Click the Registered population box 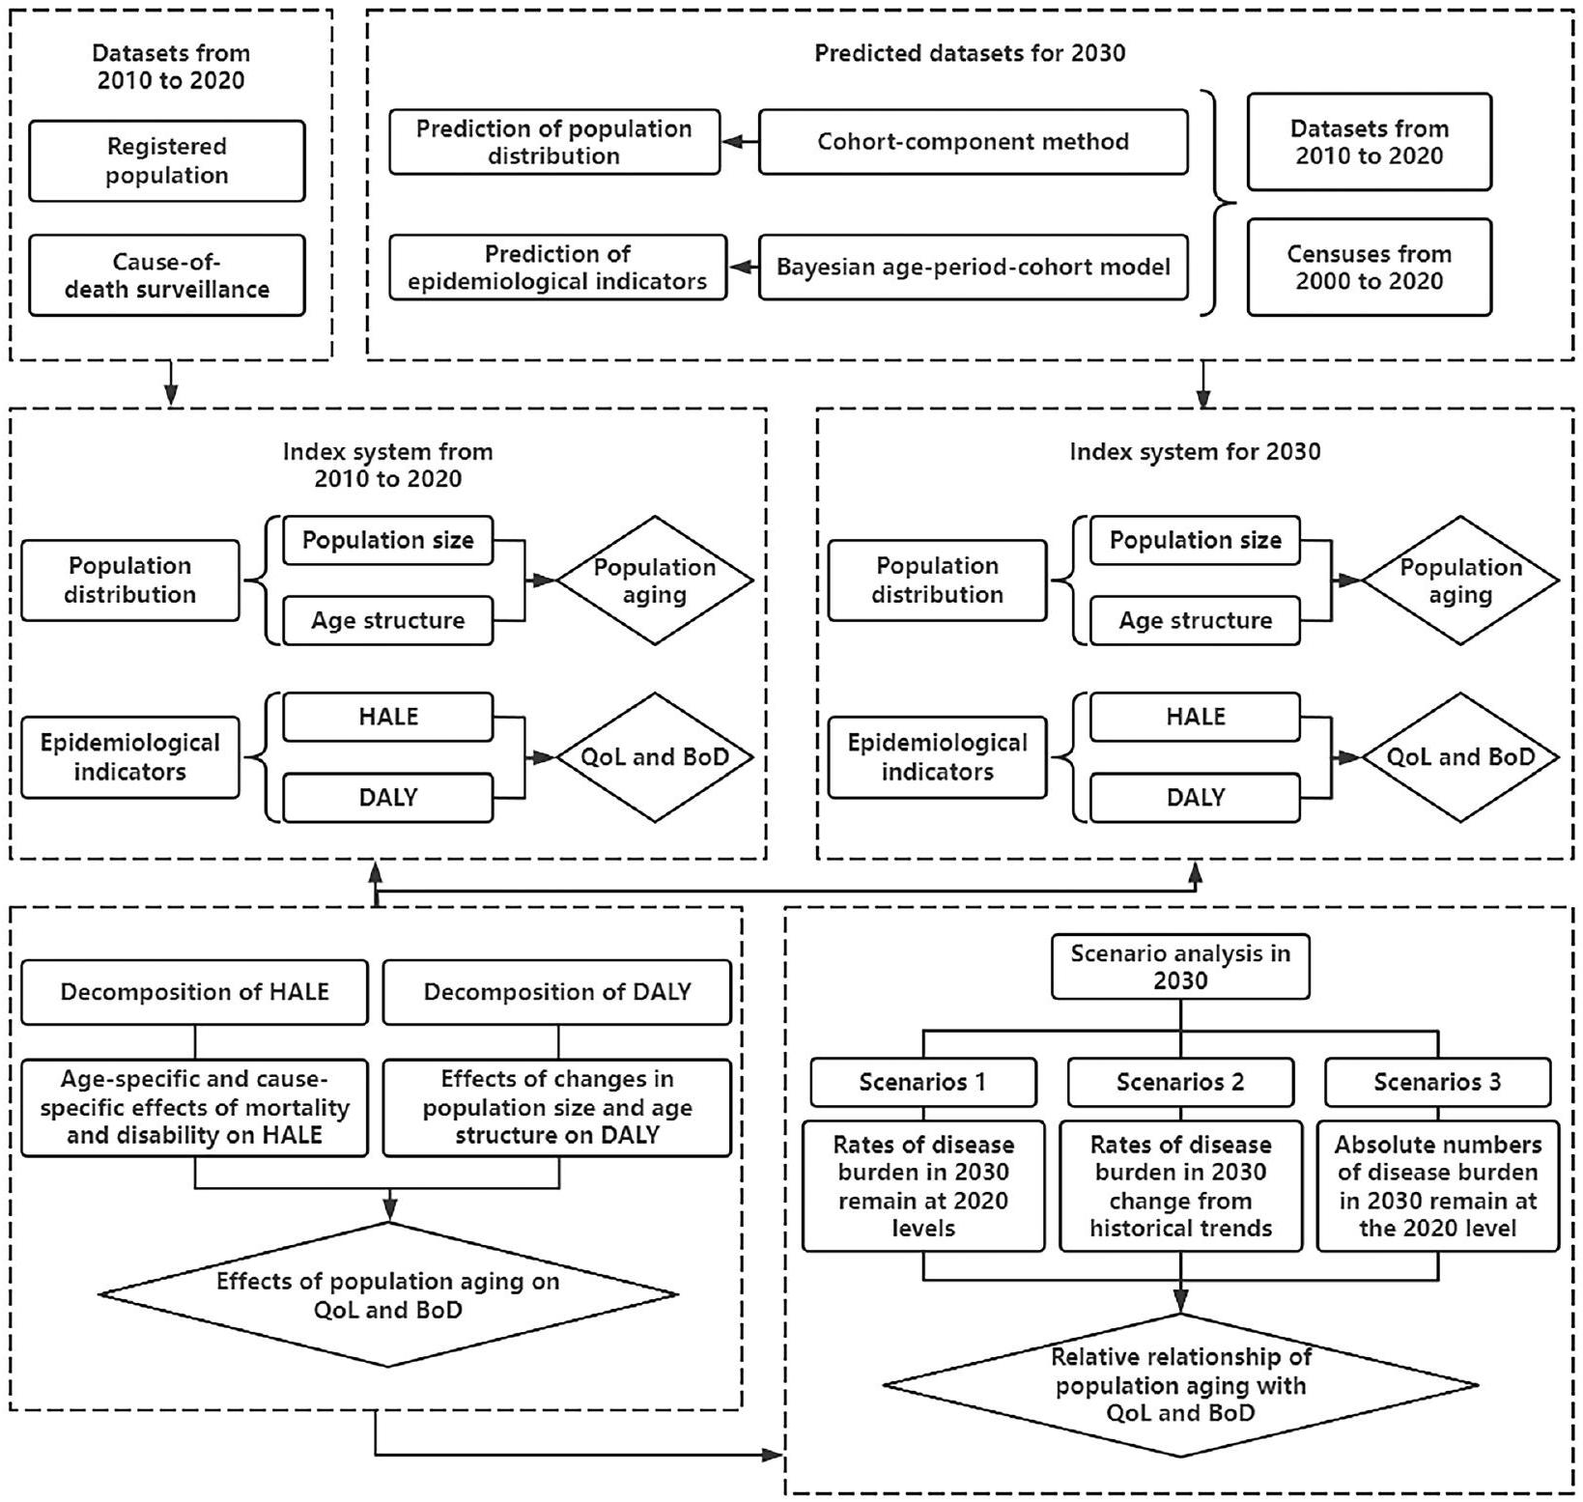click(x=167, y=161)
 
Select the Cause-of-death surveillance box click(x=167, y=275)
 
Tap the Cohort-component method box click(x=973, y=142)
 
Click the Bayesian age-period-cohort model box click(x=973, y=267)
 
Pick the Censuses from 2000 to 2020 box click(x=1369, y=268)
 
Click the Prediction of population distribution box click(x=554, y=142)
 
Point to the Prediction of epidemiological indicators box click(x=557, y=268)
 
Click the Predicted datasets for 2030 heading click(x=970, y=53)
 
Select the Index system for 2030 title click(x=1195, y=452)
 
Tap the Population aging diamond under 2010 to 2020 click(x=654, y=581)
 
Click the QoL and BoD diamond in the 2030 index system click(x=1460, y=757)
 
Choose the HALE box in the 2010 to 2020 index click(x=387, y=718)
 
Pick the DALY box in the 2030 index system click(x=1195, y=798)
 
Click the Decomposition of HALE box click(x=194, y=992)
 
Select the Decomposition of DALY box click(x=557, y=992)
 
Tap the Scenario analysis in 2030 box click(x=1180, y=967)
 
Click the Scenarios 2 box click(x=1180, y=1083)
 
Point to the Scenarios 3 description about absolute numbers click(x=1437, y=1186)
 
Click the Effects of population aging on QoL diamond click(x=387, y=1295)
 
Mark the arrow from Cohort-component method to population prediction click(x=740, y=142)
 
